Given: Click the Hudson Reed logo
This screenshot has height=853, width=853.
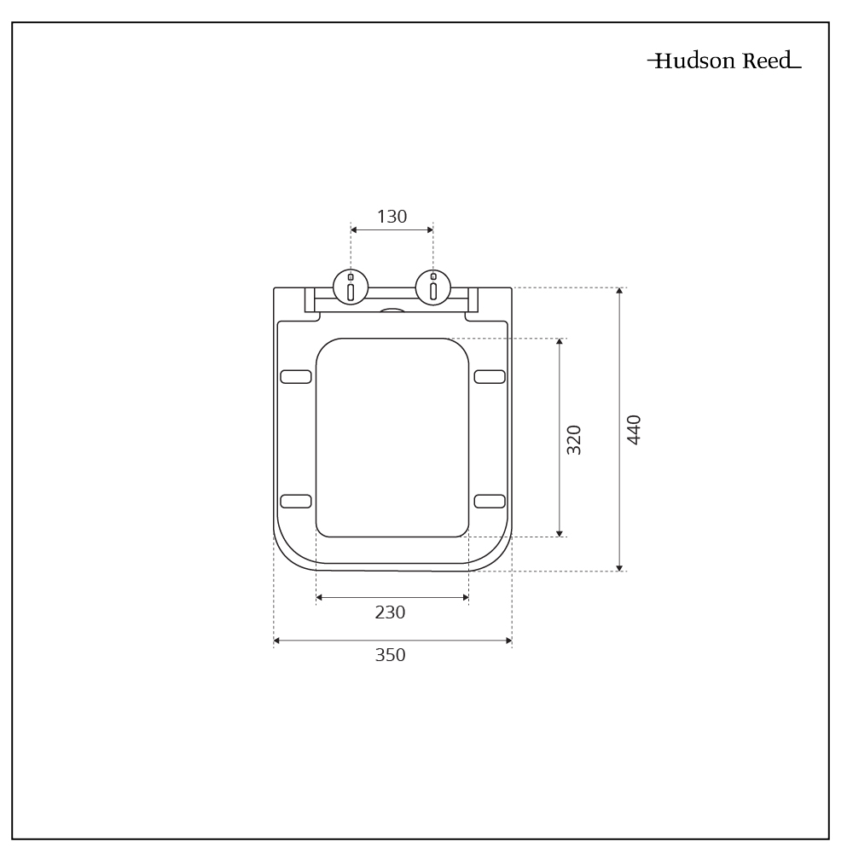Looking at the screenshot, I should (724, 61).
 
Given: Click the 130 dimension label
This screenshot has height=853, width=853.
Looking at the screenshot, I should (392, 217).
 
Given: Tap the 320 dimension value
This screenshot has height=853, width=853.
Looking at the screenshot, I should (574, 439).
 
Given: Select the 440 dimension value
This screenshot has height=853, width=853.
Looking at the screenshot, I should (634, 429).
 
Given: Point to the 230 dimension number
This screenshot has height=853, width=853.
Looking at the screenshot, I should (390, 612).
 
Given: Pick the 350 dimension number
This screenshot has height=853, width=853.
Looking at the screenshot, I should (390, 655).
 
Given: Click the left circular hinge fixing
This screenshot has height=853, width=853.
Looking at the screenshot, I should (351, 287).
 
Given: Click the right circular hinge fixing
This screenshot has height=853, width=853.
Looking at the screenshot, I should (433, 287).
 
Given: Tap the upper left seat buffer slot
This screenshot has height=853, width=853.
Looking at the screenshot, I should (296, 376).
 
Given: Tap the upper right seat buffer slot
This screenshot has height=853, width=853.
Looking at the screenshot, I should (490, 376).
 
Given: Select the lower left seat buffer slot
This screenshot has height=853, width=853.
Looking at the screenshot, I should (296, 501).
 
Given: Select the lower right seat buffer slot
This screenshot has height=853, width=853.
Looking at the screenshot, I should (490, 501).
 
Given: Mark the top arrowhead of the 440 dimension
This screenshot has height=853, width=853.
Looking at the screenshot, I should (619, 292).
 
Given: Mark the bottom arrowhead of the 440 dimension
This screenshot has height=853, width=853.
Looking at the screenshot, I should (619, 567).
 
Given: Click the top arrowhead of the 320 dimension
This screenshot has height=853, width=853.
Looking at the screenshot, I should (560, 342).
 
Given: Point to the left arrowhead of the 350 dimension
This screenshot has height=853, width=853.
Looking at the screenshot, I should (277, 641).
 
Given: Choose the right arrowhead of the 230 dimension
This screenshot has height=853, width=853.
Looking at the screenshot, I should (465, 598).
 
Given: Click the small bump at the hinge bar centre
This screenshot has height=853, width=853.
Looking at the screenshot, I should (392, 311).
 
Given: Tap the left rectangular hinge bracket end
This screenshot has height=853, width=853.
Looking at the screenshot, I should (310, 299).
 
